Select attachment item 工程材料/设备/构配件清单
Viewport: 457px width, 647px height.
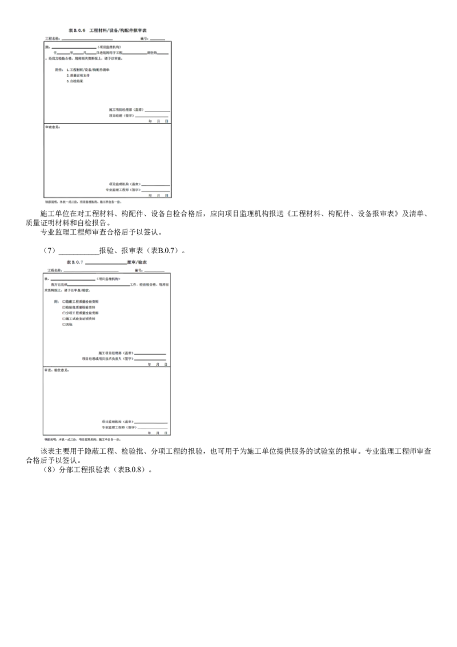pyautogui.click(x=89, y=70)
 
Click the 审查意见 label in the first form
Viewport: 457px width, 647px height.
pyautogui.click(x=53, y=127)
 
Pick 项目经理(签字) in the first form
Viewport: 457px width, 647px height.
pyautogui.click(x=123, y=115)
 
